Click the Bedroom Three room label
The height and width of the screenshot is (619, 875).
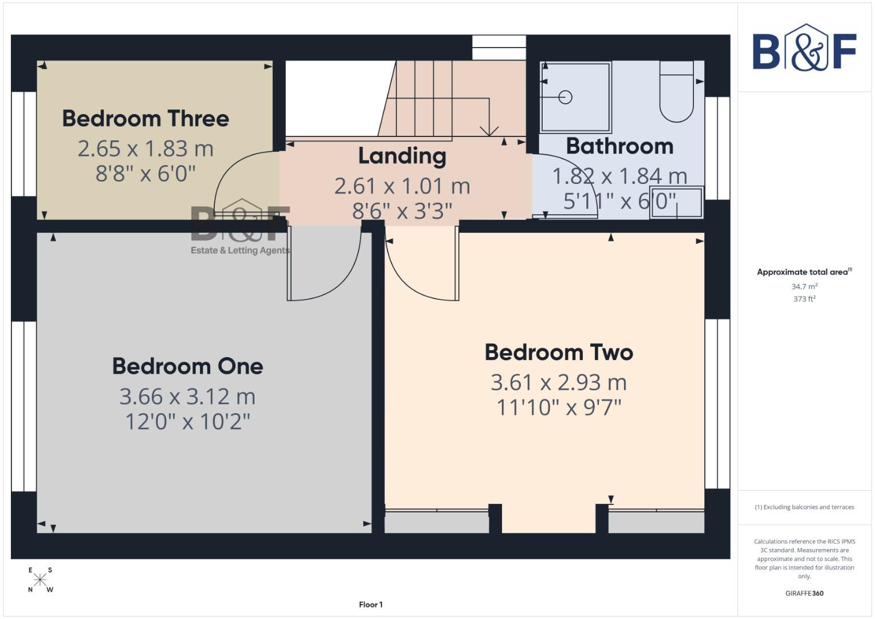[x=146, y=119]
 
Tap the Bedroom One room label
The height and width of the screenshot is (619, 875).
[x=187, y=366]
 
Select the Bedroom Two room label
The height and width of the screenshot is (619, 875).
[x=559, y=352]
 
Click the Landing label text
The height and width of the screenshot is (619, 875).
[x=402, y=156]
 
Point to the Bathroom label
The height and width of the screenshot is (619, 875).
[x=619, y=146]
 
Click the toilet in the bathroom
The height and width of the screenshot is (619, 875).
[x=676, y=95]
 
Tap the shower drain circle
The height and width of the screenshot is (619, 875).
[x=566, y=97]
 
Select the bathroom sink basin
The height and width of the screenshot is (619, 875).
[x=677, y=202]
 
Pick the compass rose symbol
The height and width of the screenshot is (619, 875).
[x=40, y=580]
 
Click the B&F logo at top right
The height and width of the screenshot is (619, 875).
[x=804, y=49]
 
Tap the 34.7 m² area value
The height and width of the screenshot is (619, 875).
[x=804, y=286]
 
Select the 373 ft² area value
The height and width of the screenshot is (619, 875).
[x=804, y=299]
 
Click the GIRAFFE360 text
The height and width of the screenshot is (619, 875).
[x=804, y=593]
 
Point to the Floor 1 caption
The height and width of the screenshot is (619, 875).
[x=371, y=605]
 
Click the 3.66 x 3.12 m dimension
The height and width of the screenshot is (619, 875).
[x=187, y=397]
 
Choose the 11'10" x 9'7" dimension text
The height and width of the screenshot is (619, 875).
[x=559, y=408]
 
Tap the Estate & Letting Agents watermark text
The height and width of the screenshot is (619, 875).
[x=240, y=250]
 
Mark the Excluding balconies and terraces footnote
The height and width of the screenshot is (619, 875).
[x=804, y=507]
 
